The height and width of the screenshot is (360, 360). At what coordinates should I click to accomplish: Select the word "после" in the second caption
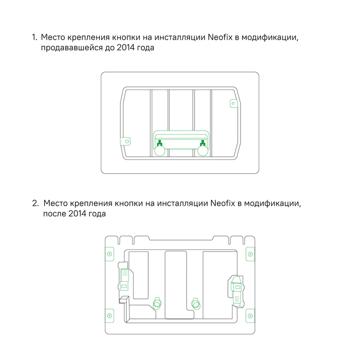54,213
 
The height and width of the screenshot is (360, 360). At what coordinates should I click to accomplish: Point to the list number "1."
34,38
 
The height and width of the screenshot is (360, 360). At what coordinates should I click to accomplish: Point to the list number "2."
35,203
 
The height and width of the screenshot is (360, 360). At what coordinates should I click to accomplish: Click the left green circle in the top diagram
159,151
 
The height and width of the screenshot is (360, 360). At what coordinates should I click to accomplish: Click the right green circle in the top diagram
203,151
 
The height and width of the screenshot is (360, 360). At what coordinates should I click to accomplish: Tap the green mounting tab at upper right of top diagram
232,103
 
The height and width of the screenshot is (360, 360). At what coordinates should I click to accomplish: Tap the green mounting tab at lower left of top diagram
128,139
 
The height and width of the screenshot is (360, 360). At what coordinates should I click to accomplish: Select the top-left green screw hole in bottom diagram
109,254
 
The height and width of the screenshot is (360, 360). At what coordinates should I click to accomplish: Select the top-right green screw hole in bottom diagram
250,254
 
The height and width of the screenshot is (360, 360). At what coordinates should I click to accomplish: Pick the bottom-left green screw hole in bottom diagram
109,315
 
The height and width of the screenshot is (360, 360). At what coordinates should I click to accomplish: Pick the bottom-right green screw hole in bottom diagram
250,315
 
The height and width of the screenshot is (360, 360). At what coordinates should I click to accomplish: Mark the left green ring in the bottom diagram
157,303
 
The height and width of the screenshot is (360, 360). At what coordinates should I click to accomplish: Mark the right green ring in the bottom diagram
195,303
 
